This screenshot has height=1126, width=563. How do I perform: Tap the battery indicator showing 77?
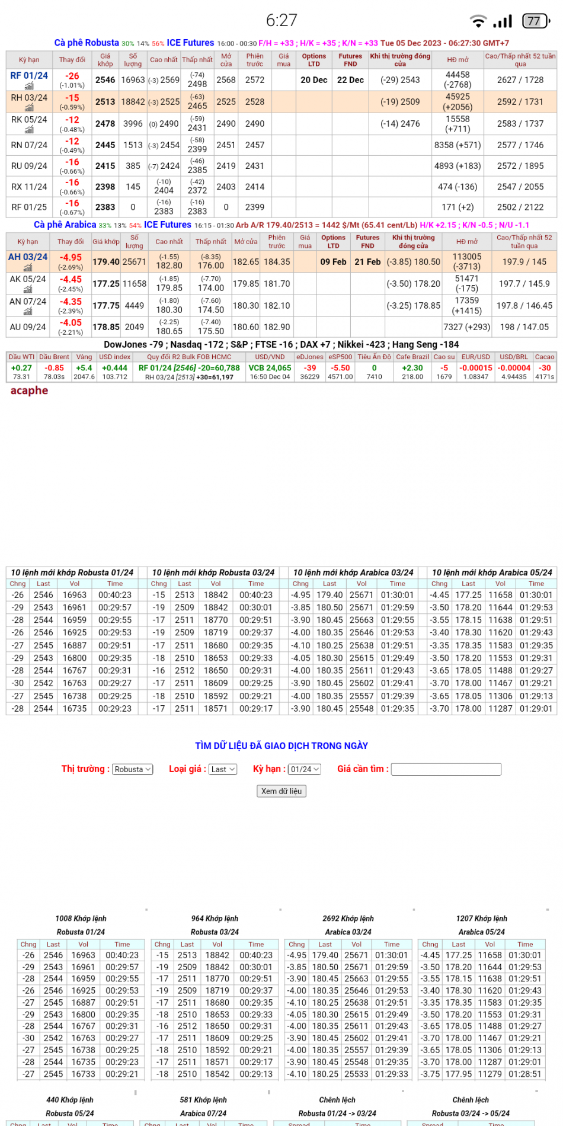(x=535, y=21)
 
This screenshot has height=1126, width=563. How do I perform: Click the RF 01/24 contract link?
(x=29, y=76)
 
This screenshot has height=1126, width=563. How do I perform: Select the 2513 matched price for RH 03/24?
(x=105, y=102)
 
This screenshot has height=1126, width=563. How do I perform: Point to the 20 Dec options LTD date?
(x=314, y=80)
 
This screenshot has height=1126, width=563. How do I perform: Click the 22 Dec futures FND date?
(x=350, y=80)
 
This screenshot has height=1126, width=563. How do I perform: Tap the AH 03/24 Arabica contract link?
(x=28, y=257)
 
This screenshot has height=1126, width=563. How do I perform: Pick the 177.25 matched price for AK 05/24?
(x=106, y=284)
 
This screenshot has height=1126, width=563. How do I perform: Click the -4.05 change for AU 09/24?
(x=71, y=323)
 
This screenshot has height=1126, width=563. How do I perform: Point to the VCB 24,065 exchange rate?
(x=270, y=368)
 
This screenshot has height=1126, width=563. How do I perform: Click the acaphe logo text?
(x=29, y=391)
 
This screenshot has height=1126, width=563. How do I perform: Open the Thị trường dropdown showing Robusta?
(x=133, y=769)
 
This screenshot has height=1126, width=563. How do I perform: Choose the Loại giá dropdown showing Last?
(x=223, y=769)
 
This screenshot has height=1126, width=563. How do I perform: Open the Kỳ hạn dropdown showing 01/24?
(x=305, y=769)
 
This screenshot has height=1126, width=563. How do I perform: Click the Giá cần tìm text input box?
(x=446, y=769)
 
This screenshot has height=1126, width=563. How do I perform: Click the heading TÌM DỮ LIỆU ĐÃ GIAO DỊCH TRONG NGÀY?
(x=281, y=746)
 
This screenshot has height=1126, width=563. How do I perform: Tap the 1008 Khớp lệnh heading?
(x=81, y=919)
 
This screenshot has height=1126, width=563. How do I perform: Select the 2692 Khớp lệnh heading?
(x=348, y=919)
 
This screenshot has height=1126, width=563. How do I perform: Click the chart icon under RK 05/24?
(x=29, y=130)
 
